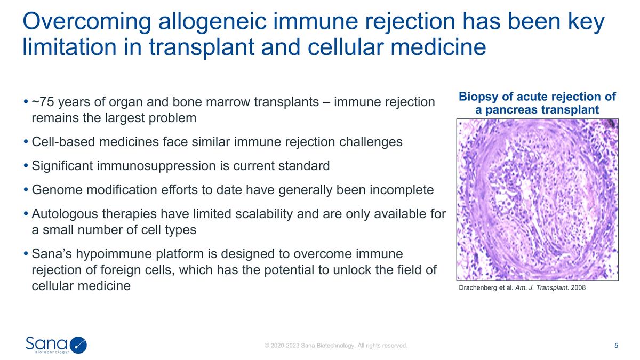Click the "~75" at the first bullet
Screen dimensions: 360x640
click(x=42, y=101)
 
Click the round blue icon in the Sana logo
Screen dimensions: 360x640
click(x=78, y=345)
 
